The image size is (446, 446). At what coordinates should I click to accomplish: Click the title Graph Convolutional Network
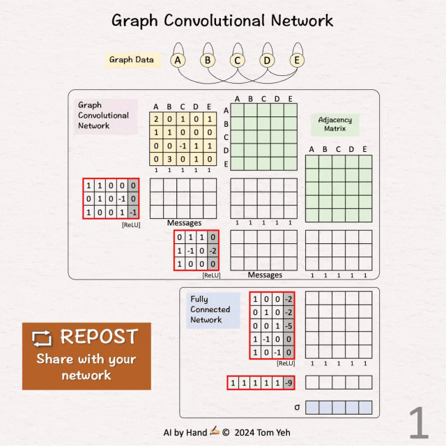[x=223, y=20]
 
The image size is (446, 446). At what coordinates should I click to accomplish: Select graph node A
[x=178, y=61]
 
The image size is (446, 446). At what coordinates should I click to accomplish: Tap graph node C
[x=238, y=61]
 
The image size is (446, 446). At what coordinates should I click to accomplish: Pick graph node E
[x=297, y=61]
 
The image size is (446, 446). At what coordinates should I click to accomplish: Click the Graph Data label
[x=131, y=60]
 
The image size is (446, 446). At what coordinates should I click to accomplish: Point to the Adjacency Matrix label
[x=335, y=124]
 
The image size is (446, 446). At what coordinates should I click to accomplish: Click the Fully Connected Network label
[x=210, y=309]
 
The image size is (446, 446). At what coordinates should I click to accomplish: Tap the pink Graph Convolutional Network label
[x=103, y=116]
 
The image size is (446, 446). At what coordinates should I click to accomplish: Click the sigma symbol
[x=297, y=406]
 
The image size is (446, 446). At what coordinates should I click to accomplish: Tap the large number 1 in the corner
[x=418, y=423]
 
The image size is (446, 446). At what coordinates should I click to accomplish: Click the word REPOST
[x=98, y=337]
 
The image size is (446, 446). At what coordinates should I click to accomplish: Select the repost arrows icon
[x=42, y=338]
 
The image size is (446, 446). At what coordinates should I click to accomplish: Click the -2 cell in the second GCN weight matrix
[x=213, y=250]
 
